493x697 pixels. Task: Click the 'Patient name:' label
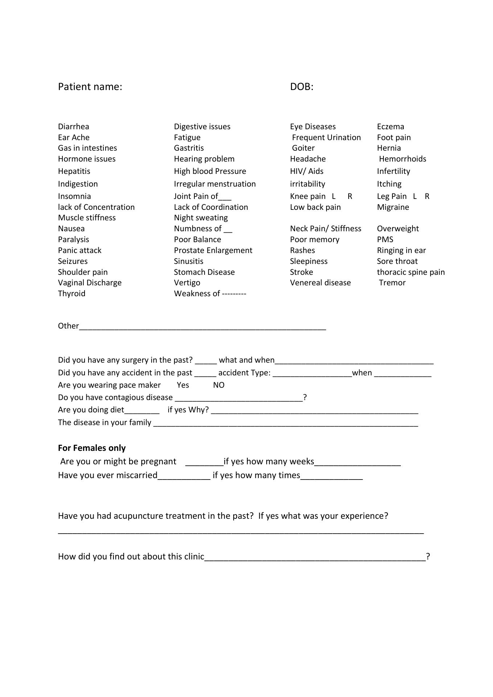(90, 87)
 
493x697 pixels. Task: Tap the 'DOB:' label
(301, 87)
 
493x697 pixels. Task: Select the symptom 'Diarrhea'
(73, 127)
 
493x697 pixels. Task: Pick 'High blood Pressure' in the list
(210, 171)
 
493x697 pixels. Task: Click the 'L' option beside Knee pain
(334, 196)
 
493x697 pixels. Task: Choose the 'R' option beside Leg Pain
(427, 196)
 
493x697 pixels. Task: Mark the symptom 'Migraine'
(393, 207)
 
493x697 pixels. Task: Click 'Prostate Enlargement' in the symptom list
(213, 250)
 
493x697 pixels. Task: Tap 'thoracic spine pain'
(411, 272)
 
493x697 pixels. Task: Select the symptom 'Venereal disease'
(320, 283)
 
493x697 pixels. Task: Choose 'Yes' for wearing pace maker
(183, 385)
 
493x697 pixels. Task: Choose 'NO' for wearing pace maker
(219, 385)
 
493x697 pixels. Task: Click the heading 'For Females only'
(92, 448)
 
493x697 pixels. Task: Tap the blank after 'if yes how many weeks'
(357, 462)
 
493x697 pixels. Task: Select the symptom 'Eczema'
(390, 127)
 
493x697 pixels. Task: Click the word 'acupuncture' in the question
(138, 516)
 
